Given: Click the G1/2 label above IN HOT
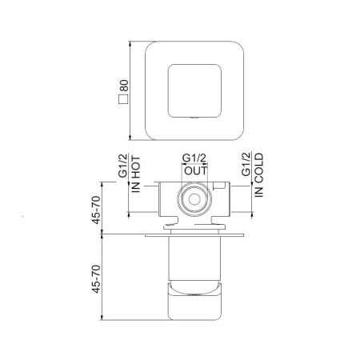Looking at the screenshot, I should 123,165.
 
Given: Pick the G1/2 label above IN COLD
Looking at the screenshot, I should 246,165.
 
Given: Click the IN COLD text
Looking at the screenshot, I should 258,174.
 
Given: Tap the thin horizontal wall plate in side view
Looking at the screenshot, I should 190,237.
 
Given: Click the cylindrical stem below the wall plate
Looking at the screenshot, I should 193,260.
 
